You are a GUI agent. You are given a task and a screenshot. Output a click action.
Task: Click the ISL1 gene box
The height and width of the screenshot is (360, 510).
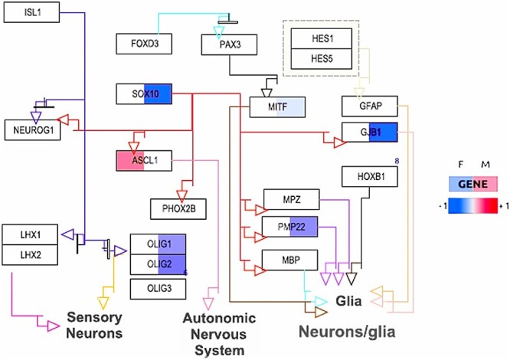(31, 14)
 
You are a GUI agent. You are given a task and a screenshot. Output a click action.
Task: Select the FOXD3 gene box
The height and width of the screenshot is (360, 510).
(142, 44)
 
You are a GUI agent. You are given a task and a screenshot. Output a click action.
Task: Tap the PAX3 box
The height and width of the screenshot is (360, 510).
(232, 45)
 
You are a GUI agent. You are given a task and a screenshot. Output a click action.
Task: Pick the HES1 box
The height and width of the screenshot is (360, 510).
(315, 37)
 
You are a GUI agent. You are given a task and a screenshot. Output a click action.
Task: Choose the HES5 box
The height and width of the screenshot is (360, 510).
(315, 57)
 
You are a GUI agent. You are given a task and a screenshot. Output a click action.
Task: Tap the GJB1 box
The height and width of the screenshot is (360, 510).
(371, 132)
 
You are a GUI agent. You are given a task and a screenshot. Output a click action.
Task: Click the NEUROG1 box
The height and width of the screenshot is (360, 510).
(31, 131)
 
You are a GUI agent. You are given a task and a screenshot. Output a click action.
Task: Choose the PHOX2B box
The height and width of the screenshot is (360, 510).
(179, 207)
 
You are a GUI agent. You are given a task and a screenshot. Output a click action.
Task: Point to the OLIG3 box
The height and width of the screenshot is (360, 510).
(159, 288)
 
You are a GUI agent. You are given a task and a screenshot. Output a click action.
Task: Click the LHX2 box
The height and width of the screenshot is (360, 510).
(30, 253)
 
